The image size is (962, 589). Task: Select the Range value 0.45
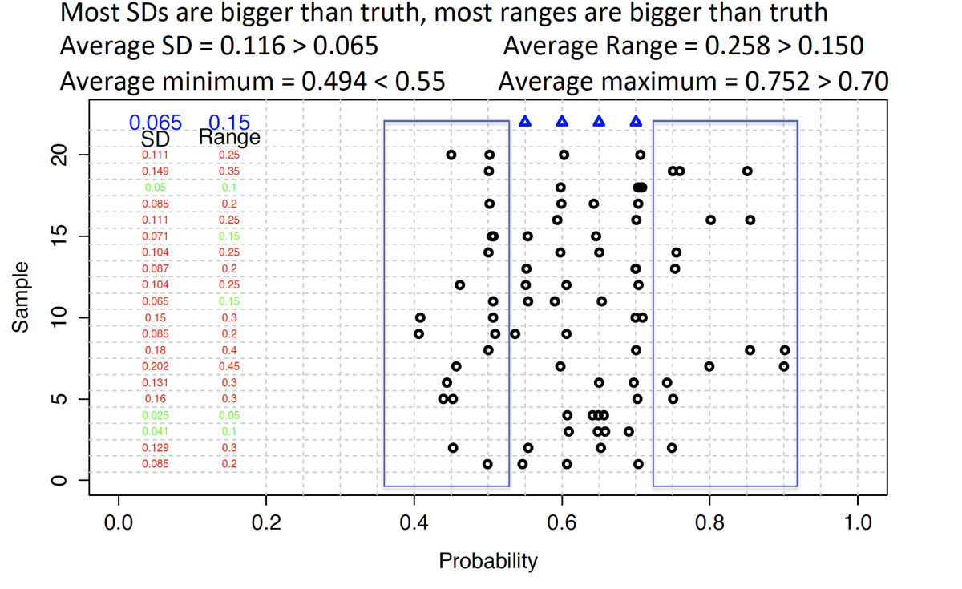[x=229, y=366]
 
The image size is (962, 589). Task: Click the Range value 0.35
[x=229, y=171]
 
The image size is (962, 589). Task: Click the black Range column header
[x=229, y=138]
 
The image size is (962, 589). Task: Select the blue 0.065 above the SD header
[x=156, y=123]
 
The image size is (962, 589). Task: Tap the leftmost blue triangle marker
[x=525, y=122]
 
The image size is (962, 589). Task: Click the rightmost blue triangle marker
[x=636, y=122]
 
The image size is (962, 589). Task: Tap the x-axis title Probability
[x=488, y=561]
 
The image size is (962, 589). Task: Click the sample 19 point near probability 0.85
[x=747, y=171]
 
